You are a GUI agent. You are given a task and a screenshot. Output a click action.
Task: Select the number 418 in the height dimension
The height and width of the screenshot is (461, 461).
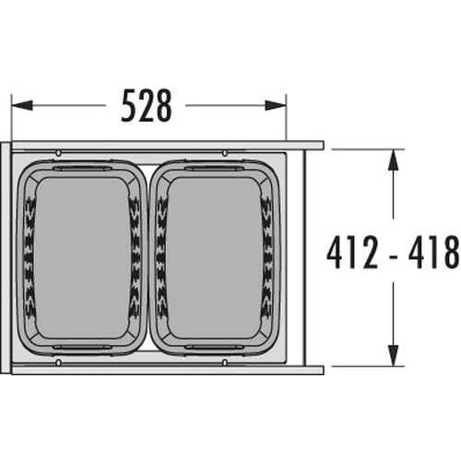click(x=433, y=250)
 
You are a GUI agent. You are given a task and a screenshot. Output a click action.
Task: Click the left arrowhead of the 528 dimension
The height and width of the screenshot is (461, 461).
click(x=18, y=105)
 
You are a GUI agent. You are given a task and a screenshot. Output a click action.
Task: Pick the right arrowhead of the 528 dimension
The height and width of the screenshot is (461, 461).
click(x=278, y=105)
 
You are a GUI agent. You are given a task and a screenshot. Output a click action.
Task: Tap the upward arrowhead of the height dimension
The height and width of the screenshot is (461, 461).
click(x=394, y=158)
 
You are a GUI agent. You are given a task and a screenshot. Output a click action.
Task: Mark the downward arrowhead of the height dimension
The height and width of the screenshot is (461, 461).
click(x=394, y=358)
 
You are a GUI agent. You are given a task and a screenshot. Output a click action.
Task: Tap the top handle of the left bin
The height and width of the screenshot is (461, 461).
click(x=83, y=170)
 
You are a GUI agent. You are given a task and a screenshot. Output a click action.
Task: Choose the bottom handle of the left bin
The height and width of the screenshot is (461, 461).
click(x=83, y=348)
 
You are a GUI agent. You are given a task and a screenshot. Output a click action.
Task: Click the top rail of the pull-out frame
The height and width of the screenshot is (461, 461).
click(x=166, y=146)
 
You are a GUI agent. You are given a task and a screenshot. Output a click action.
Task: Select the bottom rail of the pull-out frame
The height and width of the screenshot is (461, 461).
click(x=166, y=368)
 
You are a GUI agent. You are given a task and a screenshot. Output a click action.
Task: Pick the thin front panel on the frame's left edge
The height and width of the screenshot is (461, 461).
click(x=6, y=257)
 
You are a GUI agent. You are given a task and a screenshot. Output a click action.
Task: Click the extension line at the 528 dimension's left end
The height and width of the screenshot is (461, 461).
click(x=11, y=115)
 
